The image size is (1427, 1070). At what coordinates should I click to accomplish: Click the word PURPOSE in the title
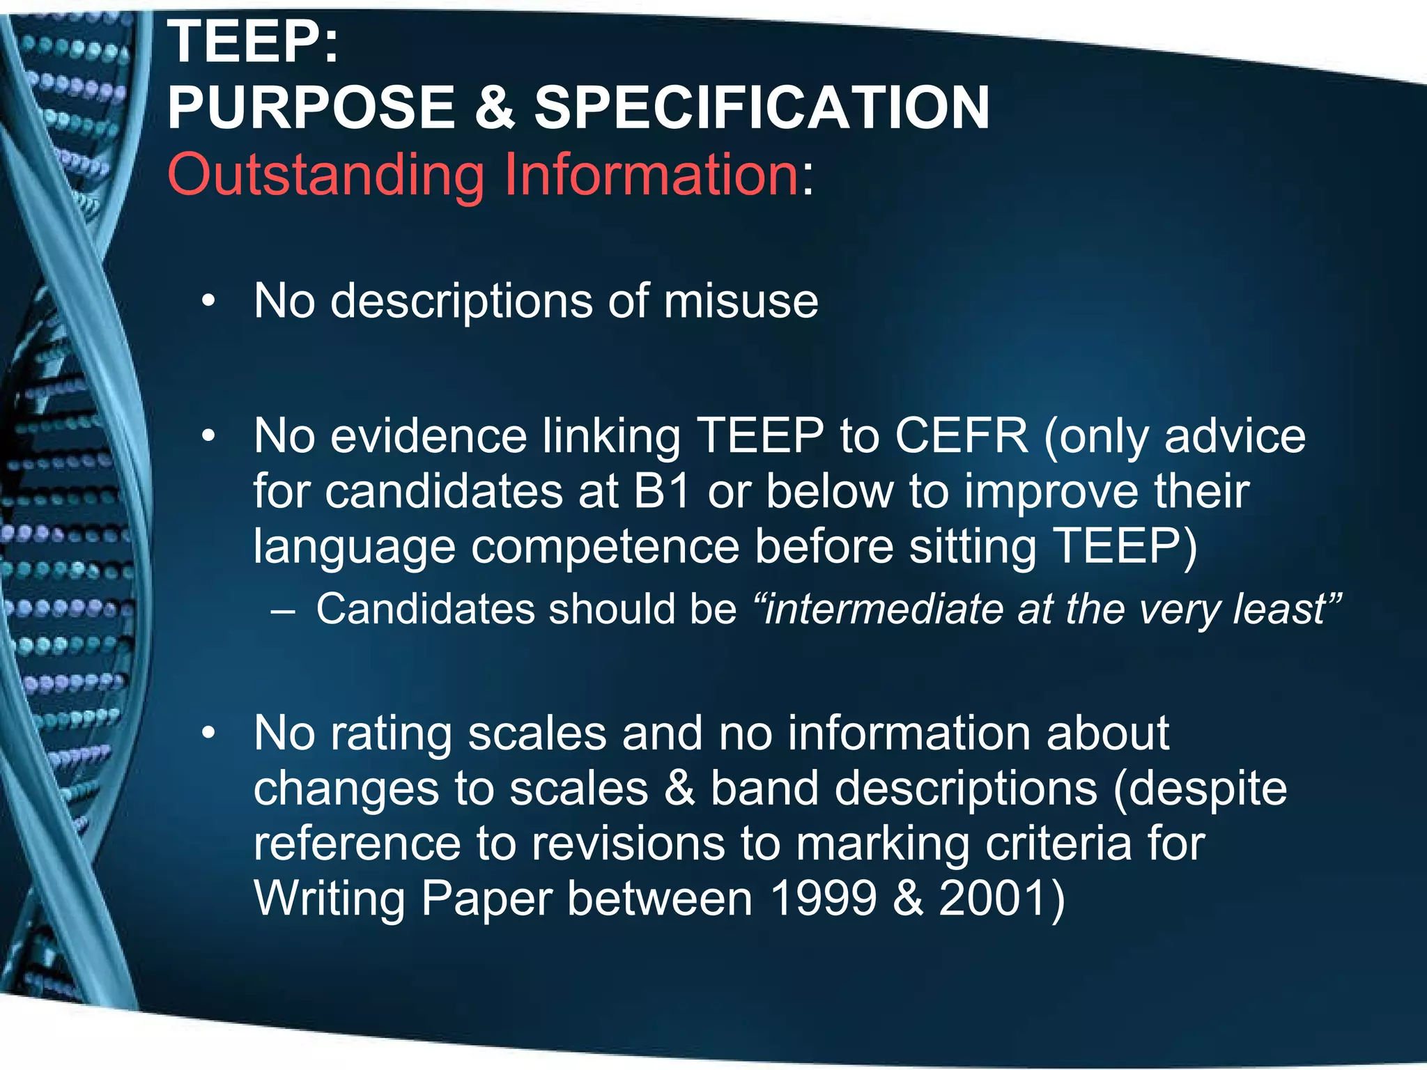tap(311, 108)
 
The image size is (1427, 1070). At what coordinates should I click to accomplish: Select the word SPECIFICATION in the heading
tap(762, 108)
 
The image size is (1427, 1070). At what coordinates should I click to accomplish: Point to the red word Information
tap(651, 173)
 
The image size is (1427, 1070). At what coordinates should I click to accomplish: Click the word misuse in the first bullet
tap(741, 301)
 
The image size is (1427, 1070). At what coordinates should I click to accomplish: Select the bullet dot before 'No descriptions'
tap(208, 302)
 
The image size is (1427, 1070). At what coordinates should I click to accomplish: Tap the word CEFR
tap(962, 436)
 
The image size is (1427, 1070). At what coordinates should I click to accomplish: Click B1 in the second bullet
tap(662, 491)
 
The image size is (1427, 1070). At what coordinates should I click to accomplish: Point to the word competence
tap(605, 546)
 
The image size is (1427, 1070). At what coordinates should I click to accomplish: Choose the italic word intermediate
tap(883, 609)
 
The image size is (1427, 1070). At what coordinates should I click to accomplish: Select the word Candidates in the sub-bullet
tap(424, 609)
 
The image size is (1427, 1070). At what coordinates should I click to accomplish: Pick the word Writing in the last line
tap(329, 899)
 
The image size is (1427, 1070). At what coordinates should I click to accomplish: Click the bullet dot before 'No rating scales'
tap(208, 734)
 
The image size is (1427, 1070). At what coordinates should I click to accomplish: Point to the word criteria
tap(1056, 844)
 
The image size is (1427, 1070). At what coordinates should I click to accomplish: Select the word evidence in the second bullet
tap(429, 436)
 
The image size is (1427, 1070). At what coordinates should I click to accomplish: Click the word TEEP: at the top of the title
tap(253, 42)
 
